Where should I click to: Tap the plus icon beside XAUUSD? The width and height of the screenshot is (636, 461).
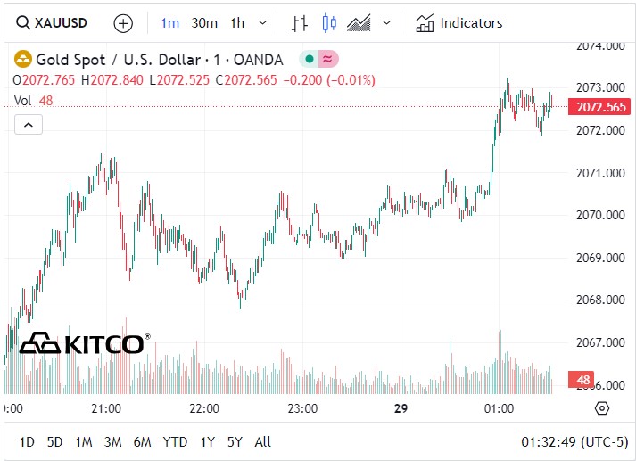click(123, 23)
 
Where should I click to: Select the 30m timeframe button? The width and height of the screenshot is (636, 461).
click(204, 23)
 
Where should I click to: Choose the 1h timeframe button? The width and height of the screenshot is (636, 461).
click(237, 23)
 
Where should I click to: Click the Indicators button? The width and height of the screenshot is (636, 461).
click(459, 23)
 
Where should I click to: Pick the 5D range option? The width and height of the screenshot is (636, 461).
click(55, 441)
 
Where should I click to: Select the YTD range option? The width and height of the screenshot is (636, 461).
click(175, 441)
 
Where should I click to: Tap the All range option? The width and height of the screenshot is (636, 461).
click(263, 441)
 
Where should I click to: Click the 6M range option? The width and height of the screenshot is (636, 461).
click(142, 441)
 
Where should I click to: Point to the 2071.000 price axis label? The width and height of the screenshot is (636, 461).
click(599, 172)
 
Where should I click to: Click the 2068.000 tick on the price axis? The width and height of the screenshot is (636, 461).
click(599, 300)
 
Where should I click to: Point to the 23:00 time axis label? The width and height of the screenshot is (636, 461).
click(302, 408)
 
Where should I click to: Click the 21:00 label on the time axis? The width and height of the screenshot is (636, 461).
click(106, 408)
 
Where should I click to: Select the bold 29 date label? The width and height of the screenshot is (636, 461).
click(401, 408)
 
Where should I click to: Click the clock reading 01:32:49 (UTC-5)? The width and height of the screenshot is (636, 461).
click(574, 441)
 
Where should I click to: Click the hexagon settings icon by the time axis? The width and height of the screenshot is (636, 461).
click(601, 408)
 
